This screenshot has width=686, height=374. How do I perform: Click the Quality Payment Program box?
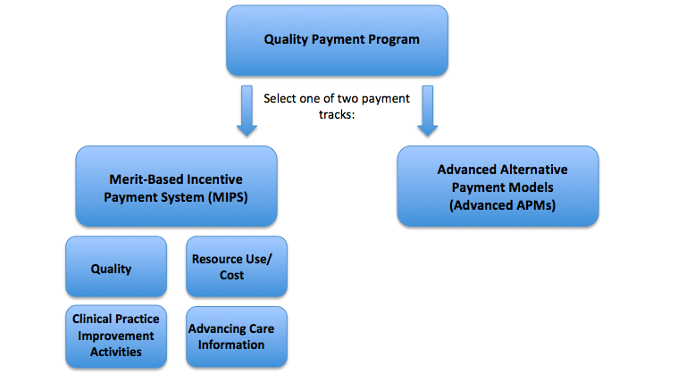pyautogui.click(x=337, y=40)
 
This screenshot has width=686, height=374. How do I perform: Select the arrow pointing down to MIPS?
pyautogui.click(x=247, y=111)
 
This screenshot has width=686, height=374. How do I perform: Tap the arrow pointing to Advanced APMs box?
pyautogui.click(x=428, y=111)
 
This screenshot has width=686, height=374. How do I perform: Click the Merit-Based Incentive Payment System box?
pyautogui.click(x=176, y=187)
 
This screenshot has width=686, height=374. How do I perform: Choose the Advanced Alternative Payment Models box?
pyautogui.click(x=498, y=187)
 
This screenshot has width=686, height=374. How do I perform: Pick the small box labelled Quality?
pyautogui.click(x=116, y=266)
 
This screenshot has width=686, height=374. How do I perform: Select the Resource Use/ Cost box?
pyautogui.click(x=237, y=266)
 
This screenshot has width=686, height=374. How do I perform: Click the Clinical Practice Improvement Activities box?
pyautogui.click(x=116, y=337)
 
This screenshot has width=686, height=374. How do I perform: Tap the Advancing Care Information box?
pyautogui.click(x=237, y=337)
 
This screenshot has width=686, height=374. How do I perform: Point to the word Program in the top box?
pyautogui.click(x=393, y=40)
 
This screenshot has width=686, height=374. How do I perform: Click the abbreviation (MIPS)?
pyautogui.click(x=228, y=197)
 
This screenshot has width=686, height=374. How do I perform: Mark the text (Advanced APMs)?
pyautogui.click(x=502, y=205)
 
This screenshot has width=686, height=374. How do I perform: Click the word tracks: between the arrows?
pyautogui.click(x=337, y=114)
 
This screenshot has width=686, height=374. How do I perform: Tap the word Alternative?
pyautogui.click(x=534, y=170)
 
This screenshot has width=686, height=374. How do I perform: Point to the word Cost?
pyautogui.click(x=232, y=275)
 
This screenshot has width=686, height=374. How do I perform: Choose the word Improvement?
pyautogui.click(x=116, y=336)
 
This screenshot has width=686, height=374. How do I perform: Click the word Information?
pyautogui.click(x=231, y=345)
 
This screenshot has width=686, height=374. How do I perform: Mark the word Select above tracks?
pyautogui.click(x=280, y=98)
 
